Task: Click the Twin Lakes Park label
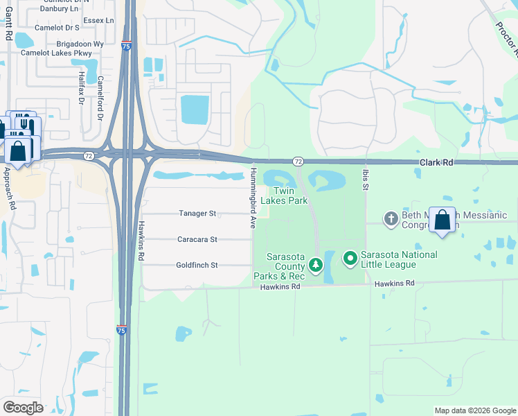(289, 196)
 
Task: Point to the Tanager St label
(198, 214)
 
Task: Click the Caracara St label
(197, 239)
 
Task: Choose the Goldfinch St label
(197, 265)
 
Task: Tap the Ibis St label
(365, 180)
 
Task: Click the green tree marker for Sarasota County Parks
(316, 264)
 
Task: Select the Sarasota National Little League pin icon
(350, 259)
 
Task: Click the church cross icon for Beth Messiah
(391, 218)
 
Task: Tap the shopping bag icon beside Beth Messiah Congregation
(443, 220)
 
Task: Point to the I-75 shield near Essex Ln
(125, 46)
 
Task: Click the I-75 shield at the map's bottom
(121, 331)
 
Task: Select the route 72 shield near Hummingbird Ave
(298, 161)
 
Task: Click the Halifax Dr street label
(81, 88)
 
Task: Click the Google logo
(24, 407)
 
